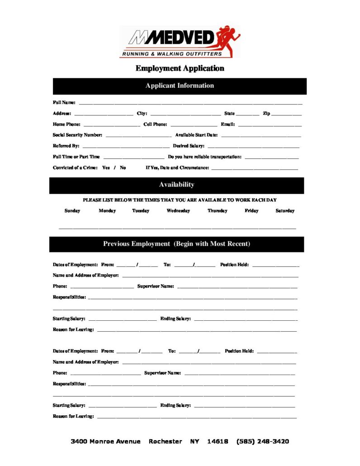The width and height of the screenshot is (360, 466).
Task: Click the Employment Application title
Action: point(180,68)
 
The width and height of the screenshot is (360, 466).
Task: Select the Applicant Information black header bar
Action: point(180,86)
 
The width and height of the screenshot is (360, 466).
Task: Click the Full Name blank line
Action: point(190,104)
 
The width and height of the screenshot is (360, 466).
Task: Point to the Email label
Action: point(227,124)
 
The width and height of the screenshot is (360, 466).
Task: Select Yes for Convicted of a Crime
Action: point(106,168)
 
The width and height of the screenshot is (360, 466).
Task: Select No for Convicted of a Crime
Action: point(123,168)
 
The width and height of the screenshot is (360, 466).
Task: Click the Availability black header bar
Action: point(176,185)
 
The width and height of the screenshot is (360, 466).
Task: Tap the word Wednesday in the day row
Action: point(178,211)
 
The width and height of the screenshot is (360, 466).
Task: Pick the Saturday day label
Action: point(285,211)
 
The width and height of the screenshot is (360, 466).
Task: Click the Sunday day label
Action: point(72,211)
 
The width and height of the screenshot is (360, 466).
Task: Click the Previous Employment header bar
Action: point(176,244)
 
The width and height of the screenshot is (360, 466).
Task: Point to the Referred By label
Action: point(66,146)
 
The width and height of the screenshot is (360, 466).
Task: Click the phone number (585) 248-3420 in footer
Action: point(262,442)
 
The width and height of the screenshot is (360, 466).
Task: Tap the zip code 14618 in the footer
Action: point(218,442)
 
